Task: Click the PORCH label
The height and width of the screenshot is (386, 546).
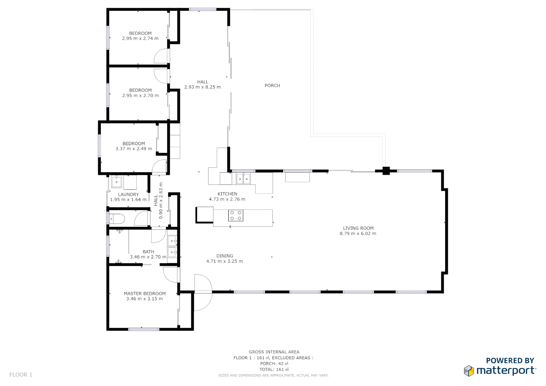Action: click(x=272, y=85)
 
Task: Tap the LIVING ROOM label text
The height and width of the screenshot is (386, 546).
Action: click(x=358, y=228)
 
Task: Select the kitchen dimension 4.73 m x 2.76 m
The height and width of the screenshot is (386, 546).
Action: click(x=227, y=199)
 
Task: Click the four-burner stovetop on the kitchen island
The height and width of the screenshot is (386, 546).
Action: click(x=236, y=216)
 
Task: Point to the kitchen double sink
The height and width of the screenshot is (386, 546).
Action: click(x=243, y=179)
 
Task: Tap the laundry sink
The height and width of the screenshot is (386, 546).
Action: click(x=117, y=182)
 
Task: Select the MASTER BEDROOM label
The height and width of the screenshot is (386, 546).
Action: click(x=144, y=293)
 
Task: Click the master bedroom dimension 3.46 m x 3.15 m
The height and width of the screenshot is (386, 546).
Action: click(x=144, y=299)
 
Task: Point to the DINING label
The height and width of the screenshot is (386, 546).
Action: click(x=225, y=256)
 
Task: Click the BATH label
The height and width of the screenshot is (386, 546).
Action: click(x=148, y=252)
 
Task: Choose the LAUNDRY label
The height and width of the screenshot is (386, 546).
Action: click(x=128, y=194)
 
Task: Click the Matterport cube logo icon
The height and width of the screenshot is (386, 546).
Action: click(x=469, y=371)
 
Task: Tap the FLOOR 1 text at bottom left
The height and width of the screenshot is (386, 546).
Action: click(x=21, y=375)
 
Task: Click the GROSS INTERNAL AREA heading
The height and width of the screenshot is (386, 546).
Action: click(x=274, y=352)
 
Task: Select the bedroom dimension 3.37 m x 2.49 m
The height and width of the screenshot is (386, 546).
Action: click(x=134, y=149)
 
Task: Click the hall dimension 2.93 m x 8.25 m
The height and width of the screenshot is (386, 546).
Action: click(x=202, y=87)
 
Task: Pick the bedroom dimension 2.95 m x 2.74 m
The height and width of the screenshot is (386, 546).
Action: click(x=140, y=39)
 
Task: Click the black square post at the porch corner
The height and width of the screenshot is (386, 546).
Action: click(x=386, y=171)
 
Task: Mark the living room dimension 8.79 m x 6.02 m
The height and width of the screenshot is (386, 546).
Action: click(x=358, y=234)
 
